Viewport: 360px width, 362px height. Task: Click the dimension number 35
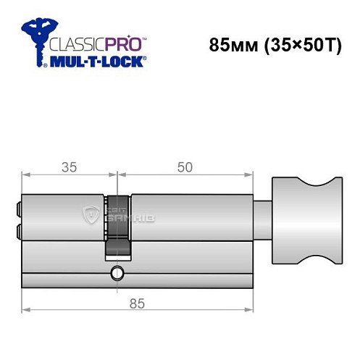69,167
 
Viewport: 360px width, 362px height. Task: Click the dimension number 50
185,167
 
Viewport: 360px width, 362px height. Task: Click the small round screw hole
116,273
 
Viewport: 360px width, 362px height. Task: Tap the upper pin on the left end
17,211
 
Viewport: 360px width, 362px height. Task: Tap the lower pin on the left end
17,232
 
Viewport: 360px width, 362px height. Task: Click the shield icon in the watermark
92,214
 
